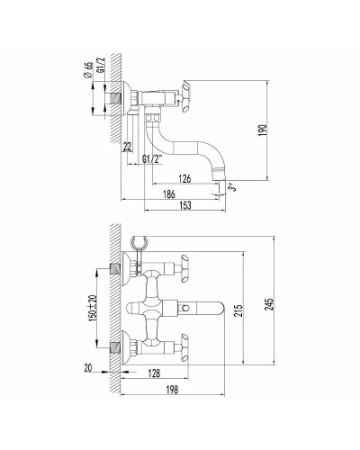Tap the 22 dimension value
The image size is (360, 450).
[x=128, y=147]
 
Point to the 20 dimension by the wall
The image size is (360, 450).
[x=88, y=366]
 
